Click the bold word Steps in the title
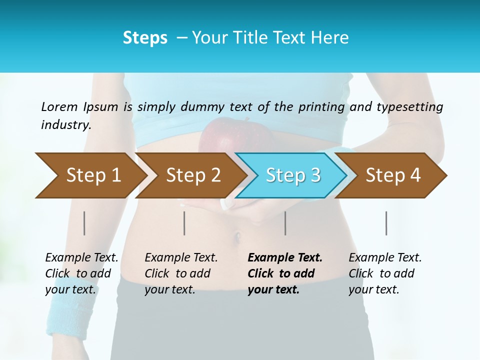click(145, 37)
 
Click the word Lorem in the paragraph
click(59, 106)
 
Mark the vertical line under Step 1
click(84, 223)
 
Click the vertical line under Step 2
click(184, 223)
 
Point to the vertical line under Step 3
click(285, 223)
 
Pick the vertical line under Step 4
click(386, 223)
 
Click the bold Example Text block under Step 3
click(284, 273)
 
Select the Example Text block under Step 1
click(81, 273)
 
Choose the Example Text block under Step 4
click(385, 273)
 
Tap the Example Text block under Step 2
click(181, 273)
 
